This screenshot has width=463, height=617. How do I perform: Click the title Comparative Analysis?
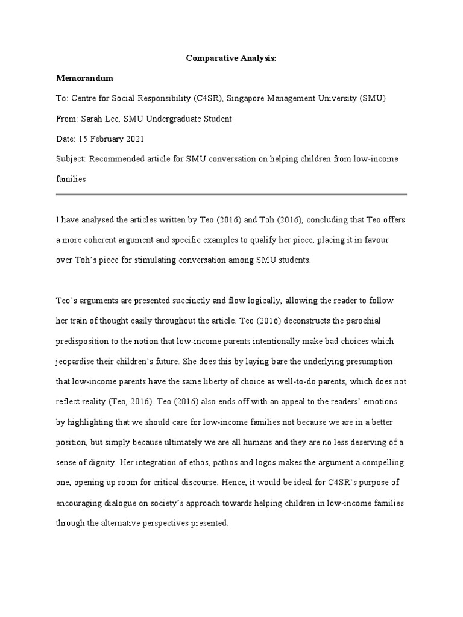231,58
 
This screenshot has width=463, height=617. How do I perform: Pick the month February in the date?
106,139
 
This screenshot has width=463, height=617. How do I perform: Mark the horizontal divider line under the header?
231,195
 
